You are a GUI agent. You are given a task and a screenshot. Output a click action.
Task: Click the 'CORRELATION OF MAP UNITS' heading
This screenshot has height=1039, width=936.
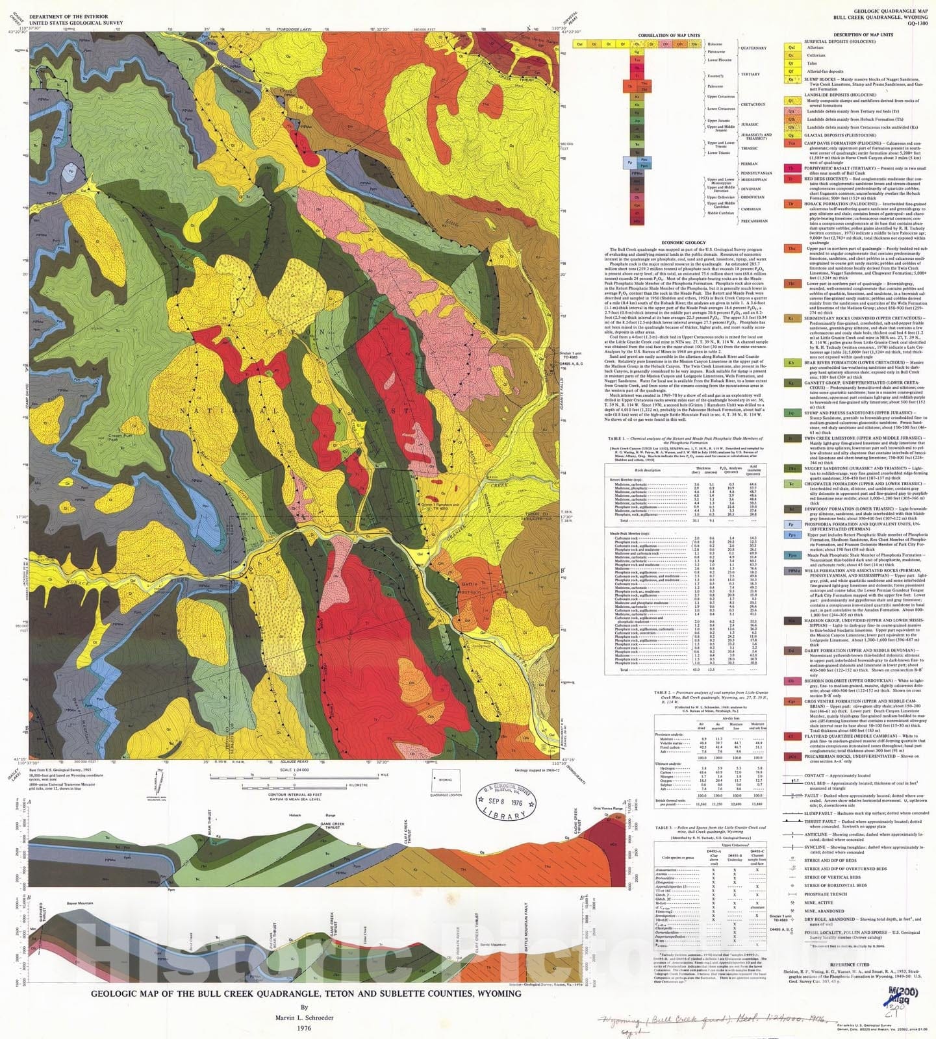tap(668, 35)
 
